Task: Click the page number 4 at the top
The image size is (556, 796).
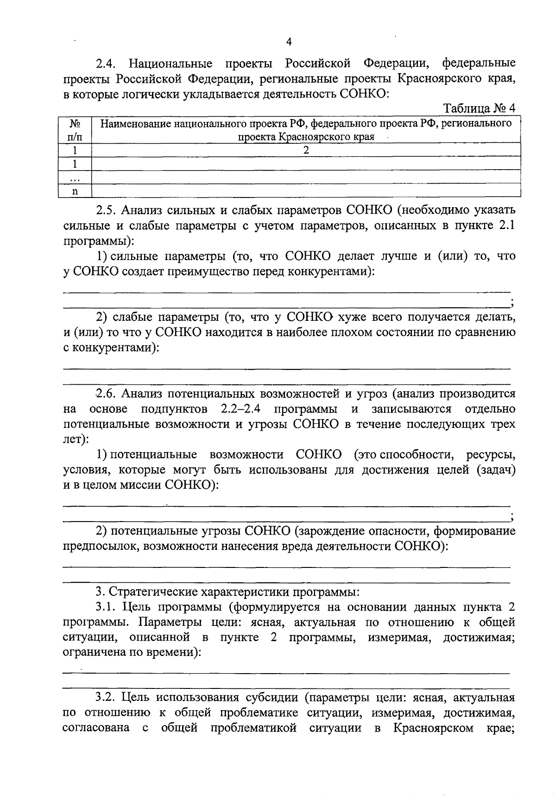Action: point(289,42)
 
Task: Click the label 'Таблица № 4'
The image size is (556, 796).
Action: point(480,108)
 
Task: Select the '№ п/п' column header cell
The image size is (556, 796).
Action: point(75,130)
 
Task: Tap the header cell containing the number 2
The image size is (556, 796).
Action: point(306,150)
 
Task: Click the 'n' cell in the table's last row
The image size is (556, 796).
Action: point(75,191)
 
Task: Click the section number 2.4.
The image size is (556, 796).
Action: point(105,64)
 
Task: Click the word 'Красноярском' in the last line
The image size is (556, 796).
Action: point(433,728)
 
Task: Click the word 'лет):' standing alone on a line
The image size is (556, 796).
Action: point(75,439)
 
